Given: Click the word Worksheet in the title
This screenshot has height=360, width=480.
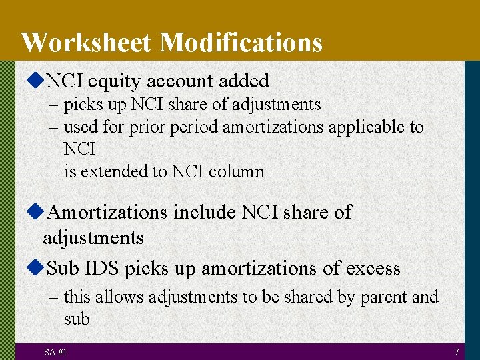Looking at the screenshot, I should pyautogui.click(x=87, y=43).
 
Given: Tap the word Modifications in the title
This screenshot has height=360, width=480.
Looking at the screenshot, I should pyautogui.click(x=241, y=43).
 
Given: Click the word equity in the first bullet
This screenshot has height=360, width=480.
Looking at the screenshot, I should pyautogui.click(x=115, y=82).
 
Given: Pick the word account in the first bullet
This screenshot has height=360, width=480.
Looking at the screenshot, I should pyautogui.click(x=178, y=81).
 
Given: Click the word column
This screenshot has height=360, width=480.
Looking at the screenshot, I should pyautogui.click(x=237, y=171).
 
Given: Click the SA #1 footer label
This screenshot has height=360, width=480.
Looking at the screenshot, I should pyautogui.click(x=55, y=351).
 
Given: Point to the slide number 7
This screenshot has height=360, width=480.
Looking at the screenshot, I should pyautogui.click(x=456, y=351).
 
